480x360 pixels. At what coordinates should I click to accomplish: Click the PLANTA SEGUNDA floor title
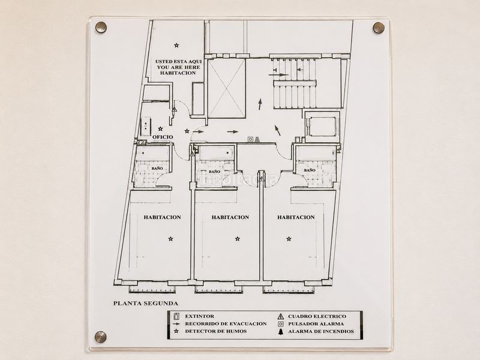pyautogui.click(x=146, y=304)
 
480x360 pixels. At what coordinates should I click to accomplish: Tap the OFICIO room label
pyautogui.click(x=163, y=137)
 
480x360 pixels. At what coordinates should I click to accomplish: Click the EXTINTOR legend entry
pyautogui.click(x=200, y=316)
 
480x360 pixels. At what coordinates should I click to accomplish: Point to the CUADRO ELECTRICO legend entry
pyautogui.click(x=317, y=316)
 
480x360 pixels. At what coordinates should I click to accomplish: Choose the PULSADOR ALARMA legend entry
pyautogui.click(x=316, y=323)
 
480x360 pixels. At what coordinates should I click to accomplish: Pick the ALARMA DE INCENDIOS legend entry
pyautogui.click(x=321, y=331)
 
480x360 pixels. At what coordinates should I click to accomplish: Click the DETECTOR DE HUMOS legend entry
pyautogui.click(x=216, y=331)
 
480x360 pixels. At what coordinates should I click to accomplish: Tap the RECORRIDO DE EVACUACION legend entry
pyautogui.click(x=226, y=323)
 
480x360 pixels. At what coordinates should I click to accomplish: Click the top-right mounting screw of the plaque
pyautogui.click(x=379, y=28)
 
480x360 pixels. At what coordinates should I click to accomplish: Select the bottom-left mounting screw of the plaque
pyautogui.click(x=101, y=337)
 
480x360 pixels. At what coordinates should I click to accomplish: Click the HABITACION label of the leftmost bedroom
pyautogui.click(x=162, y=217)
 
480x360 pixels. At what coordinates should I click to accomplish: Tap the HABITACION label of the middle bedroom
pyautogui.click(x=230, y=217)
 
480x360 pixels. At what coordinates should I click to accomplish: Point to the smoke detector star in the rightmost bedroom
pyautogui.click(x=289, y=239)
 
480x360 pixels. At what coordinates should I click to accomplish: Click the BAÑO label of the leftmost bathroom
pyautogui.click(x=157, y=169)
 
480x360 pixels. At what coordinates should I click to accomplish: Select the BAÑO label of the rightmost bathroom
pyautogui.click(x=310, y=170)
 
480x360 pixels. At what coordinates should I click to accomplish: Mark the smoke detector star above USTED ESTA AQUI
pyautogui.click(x=176, y=46)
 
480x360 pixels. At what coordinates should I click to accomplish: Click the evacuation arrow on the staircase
pyautogui.click(x=279, y=74)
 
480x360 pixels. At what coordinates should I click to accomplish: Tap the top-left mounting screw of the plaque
pyautogui.click(x=101, y=27)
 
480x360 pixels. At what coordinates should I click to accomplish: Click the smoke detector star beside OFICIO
pyautogui.click(x=160, y=129)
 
